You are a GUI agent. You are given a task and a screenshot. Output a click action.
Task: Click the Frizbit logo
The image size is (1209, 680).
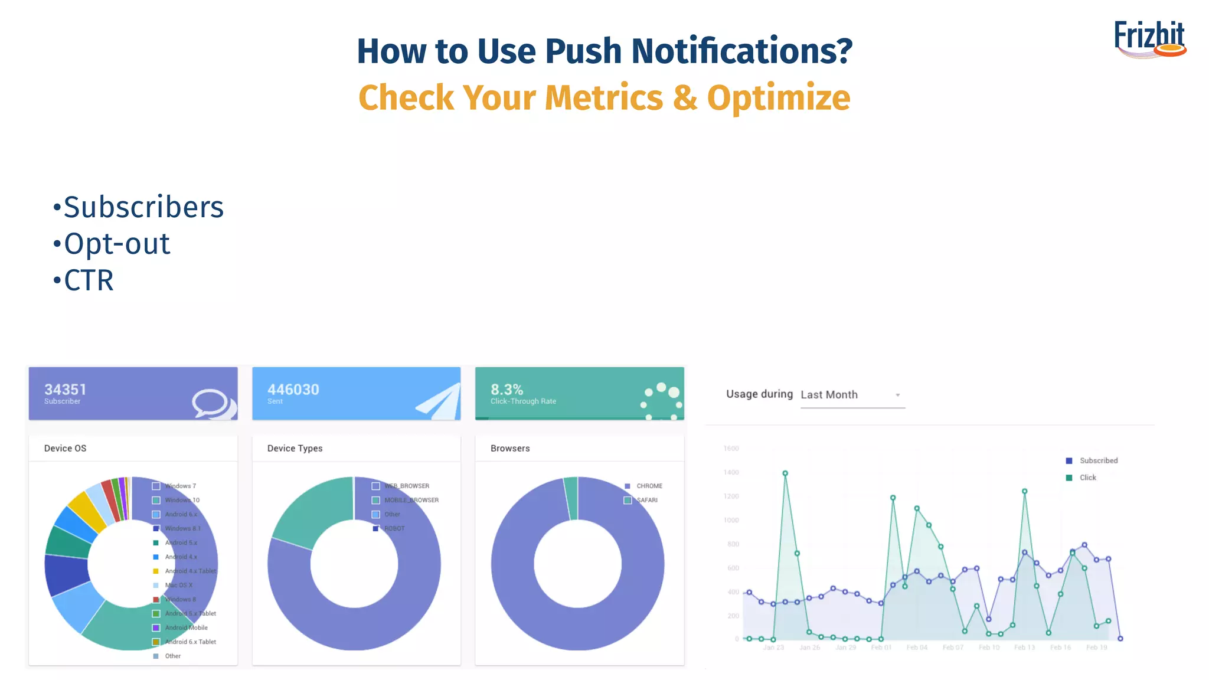[x=1149, y=39]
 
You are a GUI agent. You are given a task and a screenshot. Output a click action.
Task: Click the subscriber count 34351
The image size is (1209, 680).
[x=66, y=390]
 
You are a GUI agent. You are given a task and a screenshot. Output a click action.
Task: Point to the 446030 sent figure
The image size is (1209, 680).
[x=293, y=390]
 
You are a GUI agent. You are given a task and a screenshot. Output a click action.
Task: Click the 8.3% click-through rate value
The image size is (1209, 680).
[x=507, y=390]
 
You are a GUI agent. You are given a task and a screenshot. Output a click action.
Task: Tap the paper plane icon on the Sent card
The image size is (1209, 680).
[x=439, y=402]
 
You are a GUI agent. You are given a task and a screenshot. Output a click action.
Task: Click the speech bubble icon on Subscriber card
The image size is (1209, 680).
[x=212, y=404]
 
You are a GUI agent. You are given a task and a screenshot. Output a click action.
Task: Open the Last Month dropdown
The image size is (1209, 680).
[x=851, y=395]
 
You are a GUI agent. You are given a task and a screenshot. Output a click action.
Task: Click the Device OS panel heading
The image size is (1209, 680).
[x=65, y=449]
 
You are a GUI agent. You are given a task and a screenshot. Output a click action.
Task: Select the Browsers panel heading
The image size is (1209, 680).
[x=510, y=449]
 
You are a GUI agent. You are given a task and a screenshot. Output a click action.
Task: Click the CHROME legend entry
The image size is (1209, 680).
[x=649, y=486]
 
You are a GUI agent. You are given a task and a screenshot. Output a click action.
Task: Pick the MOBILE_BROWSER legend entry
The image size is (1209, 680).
[x=411, y=501]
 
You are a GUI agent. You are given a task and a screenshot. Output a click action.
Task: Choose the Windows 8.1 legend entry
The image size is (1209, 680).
[x=182, y=529]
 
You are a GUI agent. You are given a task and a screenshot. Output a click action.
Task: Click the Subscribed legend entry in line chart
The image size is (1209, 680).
[x=1098, y=461]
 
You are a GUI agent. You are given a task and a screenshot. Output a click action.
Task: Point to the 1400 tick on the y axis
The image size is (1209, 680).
[x=731, y=473]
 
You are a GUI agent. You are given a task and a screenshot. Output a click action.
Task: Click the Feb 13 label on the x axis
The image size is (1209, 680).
[x=1024, y=648]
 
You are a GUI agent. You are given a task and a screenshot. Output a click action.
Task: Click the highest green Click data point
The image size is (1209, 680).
[x=785, y=473]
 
